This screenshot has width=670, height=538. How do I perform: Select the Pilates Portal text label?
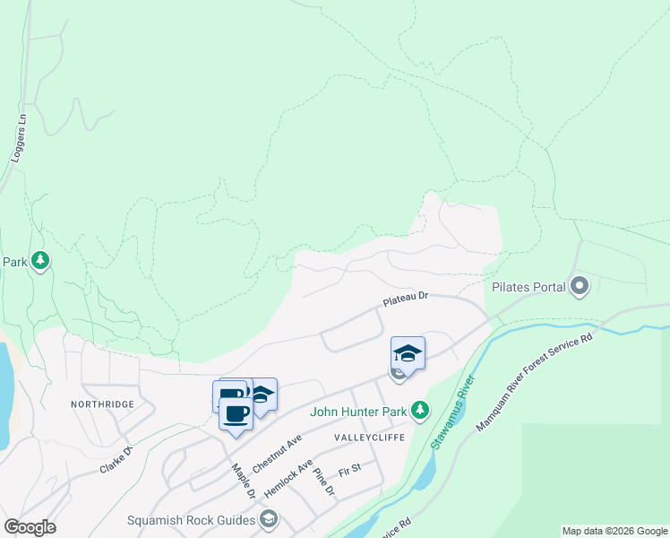point(528,287)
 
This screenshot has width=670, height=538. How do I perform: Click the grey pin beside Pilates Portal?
point(580,287)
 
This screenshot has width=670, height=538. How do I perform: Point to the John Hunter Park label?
point(357,412)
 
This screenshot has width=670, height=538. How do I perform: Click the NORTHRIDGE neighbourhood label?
point(102,404)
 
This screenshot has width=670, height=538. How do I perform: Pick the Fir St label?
point(348,469)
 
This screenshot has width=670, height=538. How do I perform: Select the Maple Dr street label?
point(244,481)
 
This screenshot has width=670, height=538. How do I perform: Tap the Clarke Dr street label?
point(116,458)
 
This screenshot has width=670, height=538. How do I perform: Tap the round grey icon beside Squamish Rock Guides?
point(269,519)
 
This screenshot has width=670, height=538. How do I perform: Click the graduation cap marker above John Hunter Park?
point(408,353)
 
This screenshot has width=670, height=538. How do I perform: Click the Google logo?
point(30,527)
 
